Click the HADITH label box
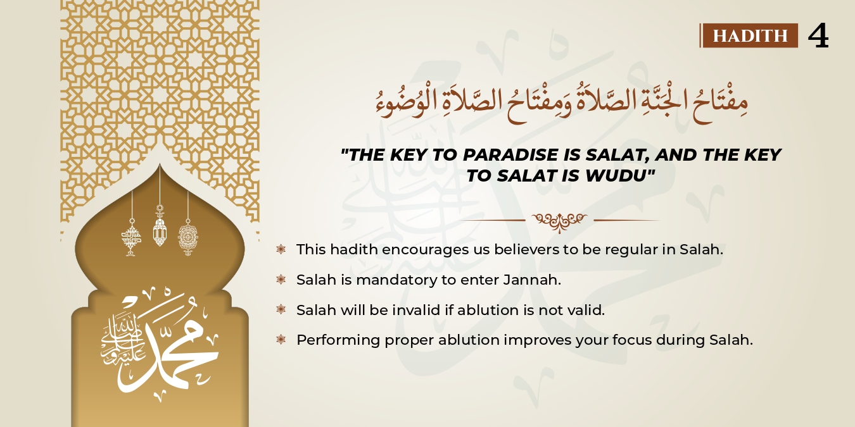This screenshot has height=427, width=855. point(750,35)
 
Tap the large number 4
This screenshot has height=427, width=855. point(818,36)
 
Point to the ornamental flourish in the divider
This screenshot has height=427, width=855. point(559,221)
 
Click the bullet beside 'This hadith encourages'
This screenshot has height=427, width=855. point(281,249)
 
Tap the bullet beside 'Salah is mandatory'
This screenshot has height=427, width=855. point(281,280)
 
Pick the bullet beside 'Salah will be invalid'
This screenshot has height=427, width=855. point(281,310)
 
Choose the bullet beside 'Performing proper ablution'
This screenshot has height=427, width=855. point(281,340)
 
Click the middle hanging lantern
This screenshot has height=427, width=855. point(160,231)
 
